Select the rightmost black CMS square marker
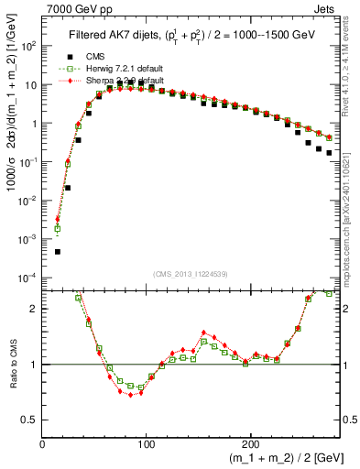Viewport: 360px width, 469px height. click(329, 153)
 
